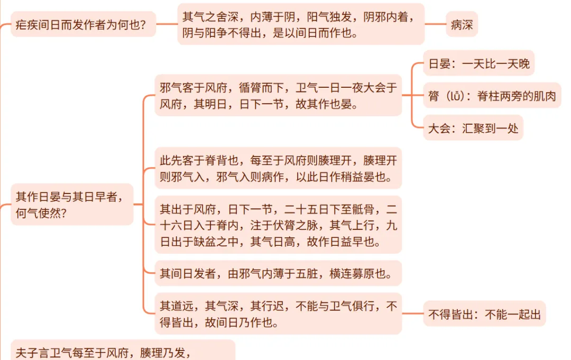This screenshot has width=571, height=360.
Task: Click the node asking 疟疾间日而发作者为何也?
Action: pos(83,24)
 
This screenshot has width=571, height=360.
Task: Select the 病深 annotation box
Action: pos(462,24)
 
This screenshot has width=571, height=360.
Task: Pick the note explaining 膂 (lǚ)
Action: pos(492,96)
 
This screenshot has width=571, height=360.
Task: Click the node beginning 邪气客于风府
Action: pos(278,96)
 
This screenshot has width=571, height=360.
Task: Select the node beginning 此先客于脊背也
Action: pos(278,168)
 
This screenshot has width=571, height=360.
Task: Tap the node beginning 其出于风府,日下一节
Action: pos(278,225)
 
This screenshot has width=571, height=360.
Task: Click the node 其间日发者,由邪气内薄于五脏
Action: pos(278,274)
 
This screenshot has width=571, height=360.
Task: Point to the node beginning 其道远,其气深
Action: pos(278,313)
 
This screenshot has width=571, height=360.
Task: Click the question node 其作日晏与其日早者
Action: pos(71,204)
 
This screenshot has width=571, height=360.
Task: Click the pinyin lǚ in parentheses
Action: pos(455,96)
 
